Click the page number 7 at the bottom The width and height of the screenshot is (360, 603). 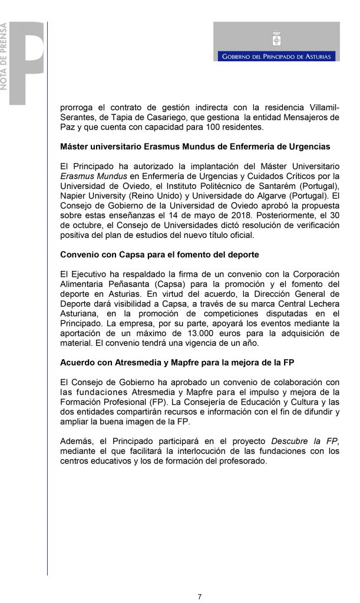pos(200,597)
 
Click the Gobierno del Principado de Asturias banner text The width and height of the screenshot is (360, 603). pos(276,57)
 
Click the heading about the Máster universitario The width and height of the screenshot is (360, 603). pos(195,146)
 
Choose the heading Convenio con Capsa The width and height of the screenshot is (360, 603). pos(160,254)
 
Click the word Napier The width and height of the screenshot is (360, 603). pos(74,196)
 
